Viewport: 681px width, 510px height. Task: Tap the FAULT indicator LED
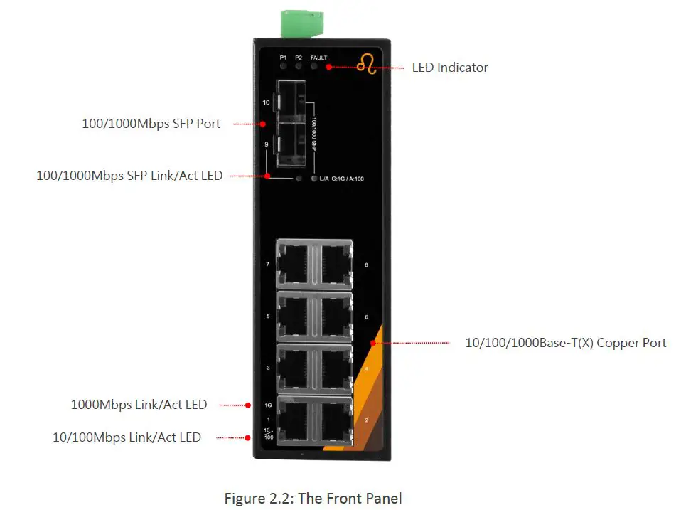point(313,66)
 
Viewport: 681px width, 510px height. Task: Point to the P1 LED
point(284,66)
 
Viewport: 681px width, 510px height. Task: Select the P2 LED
point(299,66)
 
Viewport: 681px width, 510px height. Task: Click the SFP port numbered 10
point(293,102)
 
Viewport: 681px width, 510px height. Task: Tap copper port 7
point(294,263)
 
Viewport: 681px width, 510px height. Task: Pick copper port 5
point(294,316)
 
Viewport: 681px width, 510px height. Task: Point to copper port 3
point(294,368)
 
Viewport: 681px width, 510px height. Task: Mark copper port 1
point(294,420)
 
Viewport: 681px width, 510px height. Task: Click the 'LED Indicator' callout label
point(450,68)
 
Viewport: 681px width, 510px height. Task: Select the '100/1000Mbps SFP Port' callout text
point(151,124)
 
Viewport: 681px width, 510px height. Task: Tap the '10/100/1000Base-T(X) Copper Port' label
point(565,343)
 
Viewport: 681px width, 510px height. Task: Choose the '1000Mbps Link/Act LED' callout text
point(139,405)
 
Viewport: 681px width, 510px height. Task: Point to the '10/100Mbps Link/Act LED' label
point(127,437)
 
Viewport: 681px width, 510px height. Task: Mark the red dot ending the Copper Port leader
point(372,343)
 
